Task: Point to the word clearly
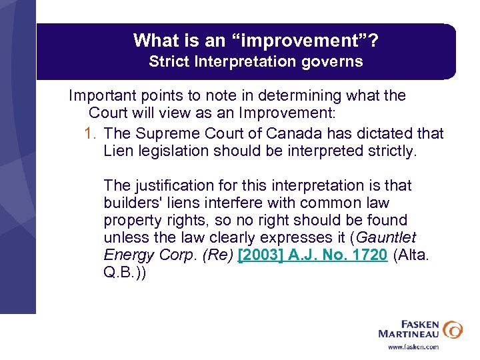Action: coord(225,237)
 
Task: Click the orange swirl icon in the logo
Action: coord(452,329)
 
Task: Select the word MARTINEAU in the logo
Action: coord(409,333)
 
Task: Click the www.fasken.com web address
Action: coord(413,347)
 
